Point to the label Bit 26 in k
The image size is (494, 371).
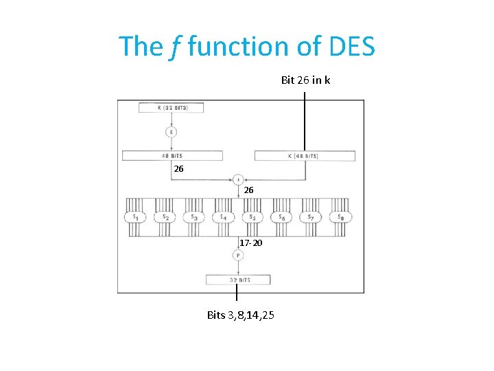305,80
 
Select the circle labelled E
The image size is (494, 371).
170,132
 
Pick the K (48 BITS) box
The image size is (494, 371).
305,156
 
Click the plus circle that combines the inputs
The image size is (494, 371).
238,179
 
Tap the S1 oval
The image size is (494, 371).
135,217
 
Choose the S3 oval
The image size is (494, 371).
194,217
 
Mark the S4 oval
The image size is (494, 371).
224,217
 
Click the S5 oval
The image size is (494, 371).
252,217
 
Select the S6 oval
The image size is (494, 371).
282,217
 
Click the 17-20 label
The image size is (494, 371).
250,243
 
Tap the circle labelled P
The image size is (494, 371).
238,256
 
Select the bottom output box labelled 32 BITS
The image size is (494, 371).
238,280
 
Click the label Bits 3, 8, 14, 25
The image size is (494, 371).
241,315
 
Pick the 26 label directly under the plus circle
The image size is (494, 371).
248,190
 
